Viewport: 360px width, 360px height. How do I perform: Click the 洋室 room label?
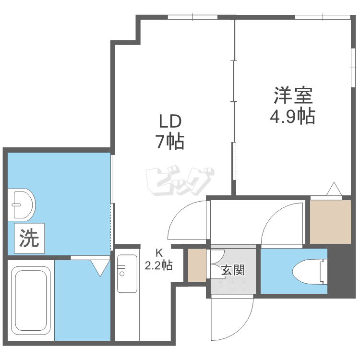point(293,96)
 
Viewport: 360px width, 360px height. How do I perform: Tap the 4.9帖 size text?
point(292,116)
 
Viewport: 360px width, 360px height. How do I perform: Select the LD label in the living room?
point(170,122)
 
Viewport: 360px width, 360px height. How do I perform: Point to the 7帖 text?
point(170,142)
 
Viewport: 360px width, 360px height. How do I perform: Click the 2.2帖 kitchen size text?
point(159,265)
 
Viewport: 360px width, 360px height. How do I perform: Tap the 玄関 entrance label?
point(233,270)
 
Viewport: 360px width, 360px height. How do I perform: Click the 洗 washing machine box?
point(29,238)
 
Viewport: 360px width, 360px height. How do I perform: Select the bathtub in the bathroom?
point(31,301)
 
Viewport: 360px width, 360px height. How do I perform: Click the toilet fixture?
point(310,272)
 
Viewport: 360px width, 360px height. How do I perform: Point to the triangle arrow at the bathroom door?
point(100,268)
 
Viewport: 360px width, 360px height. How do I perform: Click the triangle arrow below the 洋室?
point(334,189)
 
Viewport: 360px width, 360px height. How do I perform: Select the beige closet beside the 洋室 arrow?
point(330,222)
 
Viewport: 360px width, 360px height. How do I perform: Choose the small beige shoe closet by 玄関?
point(197,265)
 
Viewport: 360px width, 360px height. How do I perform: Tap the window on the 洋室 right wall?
point(353,68)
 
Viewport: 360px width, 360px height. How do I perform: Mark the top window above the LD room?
point(192,17)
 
